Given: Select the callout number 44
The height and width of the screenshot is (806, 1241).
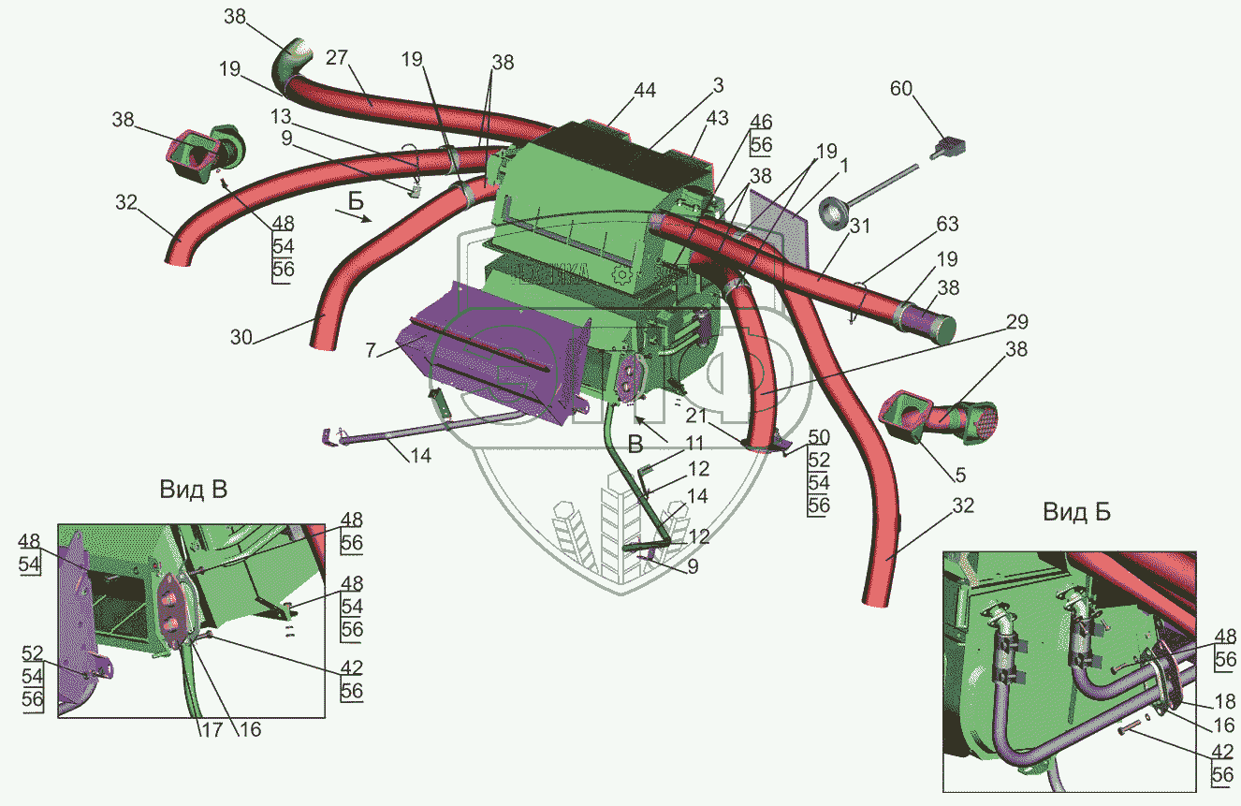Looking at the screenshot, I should pos(644,91).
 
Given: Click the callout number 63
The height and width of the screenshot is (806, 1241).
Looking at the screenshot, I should pos(947,224).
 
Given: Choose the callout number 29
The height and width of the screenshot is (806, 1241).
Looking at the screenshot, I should pos(1016,323).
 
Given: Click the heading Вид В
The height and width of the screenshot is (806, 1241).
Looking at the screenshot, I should pos(193,489).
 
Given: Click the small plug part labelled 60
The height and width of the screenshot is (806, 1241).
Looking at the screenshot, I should pos(950,146).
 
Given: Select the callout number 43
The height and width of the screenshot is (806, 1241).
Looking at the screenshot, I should pos(717,120).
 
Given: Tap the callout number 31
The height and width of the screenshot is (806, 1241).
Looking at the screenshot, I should pos(860,226).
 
